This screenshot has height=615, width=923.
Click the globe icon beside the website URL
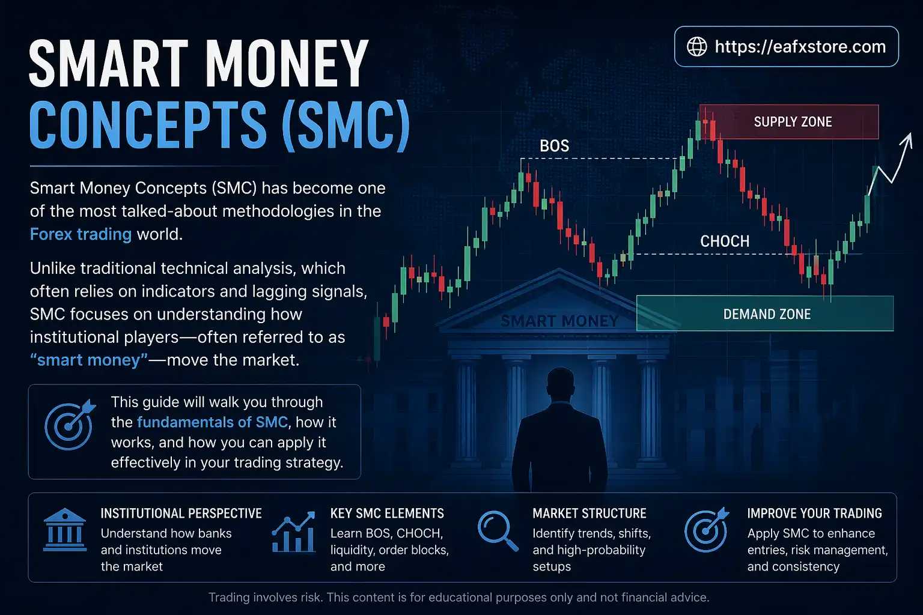[697, 47]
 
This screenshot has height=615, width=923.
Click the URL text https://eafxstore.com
[800, 47]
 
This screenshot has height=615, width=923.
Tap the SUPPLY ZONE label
[793, 122]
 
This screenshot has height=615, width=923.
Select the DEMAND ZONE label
[767, 314]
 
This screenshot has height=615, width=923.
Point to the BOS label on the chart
[554, 146]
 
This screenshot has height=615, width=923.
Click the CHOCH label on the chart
[725, 241]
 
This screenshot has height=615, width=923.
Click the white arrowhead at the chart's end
[908, 139]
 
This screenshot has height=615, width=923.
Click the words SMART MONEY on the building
[559, 321]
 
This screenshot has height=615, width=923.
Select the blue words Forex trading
[81, 234]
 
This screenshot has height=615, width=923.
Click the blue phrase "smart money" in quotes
[89, 360]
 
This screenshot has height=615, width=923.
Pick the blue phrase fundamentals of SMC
[212, 422]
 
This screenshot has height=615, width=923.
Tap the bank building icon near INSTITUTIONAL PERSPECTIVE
[65, 530]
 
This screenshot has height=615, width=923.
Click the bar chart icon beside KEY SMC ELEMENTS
[294, 532]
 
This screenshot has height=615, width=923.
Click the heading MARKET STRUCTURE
[589, 514]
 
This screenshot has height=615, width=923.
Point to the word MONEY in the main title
[287, 63]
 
